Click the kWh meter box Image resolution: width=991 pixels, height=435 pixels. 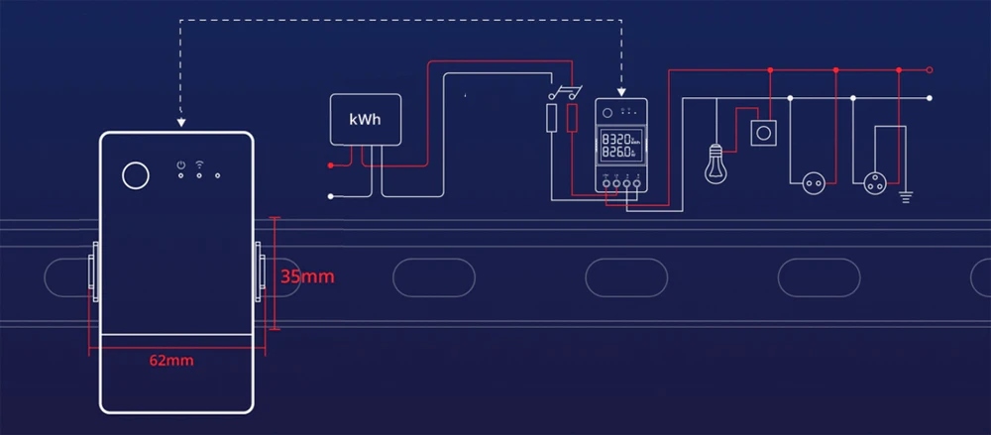point(366,119)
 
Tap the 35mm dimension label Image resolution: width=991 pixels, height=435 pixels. point(307,276)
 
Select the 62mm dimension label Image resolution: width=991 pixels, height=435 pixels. point(171,361)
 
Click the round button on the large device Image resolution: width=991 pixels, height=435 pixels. point(135,176)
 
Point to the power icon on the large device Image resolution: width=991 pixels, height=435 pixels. point(180,164)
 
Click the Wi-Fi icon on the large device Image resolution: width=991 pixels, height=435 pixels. point(199,163)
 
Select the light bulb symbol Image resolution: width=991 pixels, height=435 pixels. point(716,163)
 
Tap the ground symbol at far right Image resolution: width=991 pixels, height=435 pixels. point(905,195)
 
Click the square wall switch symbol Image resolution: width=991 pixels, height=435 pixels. point(764,132)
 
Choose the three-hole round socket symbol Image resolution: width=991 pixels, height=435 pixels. point(876,183)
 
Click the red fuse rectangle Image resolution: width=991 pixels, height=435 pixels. point(573,120)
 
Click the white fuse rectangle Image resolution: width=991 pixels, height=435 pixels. point(552,120)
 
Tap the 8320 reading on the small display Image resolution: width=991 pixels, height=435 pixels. point(615,139)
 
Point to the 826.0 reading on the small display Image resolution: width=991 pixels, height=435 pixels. point(615,155)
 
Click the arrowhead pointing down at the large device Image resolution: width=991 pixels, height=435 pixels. point(181,123)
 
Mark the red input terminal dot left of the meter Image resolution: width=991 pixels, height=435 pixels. point(331,162)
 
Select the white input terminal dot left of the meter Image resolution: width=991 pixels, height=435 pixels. point(331,196)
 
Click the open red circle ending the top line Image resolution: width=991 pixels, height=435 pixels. point(930,70)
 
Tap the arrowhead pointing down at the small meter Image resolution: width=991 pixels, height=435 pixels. point(620,94)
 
